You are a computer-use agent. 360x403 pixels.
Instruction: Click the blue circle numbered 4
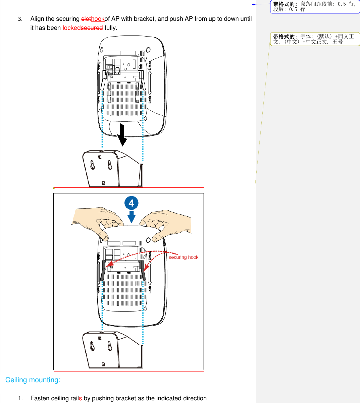131,203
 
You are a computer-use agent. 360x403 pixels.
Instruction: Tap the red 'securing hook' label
183,257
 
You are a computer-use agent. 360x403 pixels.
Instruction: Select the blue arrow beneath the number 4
132,217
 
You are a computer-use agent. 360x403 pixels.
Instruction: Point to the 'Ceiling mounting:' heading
33,380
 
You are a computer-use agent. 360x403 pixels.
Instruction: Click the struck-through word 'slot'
86,19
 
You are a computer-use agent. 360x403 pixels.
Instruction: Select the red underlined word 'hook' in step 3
98,19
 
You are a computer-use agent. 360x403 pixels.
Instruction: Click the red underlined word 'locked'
71,28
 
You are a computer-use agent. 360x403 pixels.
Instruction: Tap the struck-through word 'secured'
92,28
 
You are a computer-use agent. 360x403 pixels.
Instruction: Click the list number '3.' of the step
20,19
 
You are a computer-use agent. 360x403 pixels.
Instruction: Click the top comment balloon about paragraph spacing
315,7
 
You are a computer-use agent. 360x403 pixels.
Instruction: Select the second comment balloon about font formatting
315,39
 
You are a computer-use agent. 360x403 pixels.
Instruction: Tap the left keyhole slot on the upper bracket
93,165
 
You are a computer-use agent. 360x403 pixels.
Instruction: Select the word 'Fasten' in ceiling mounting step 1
40,398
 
